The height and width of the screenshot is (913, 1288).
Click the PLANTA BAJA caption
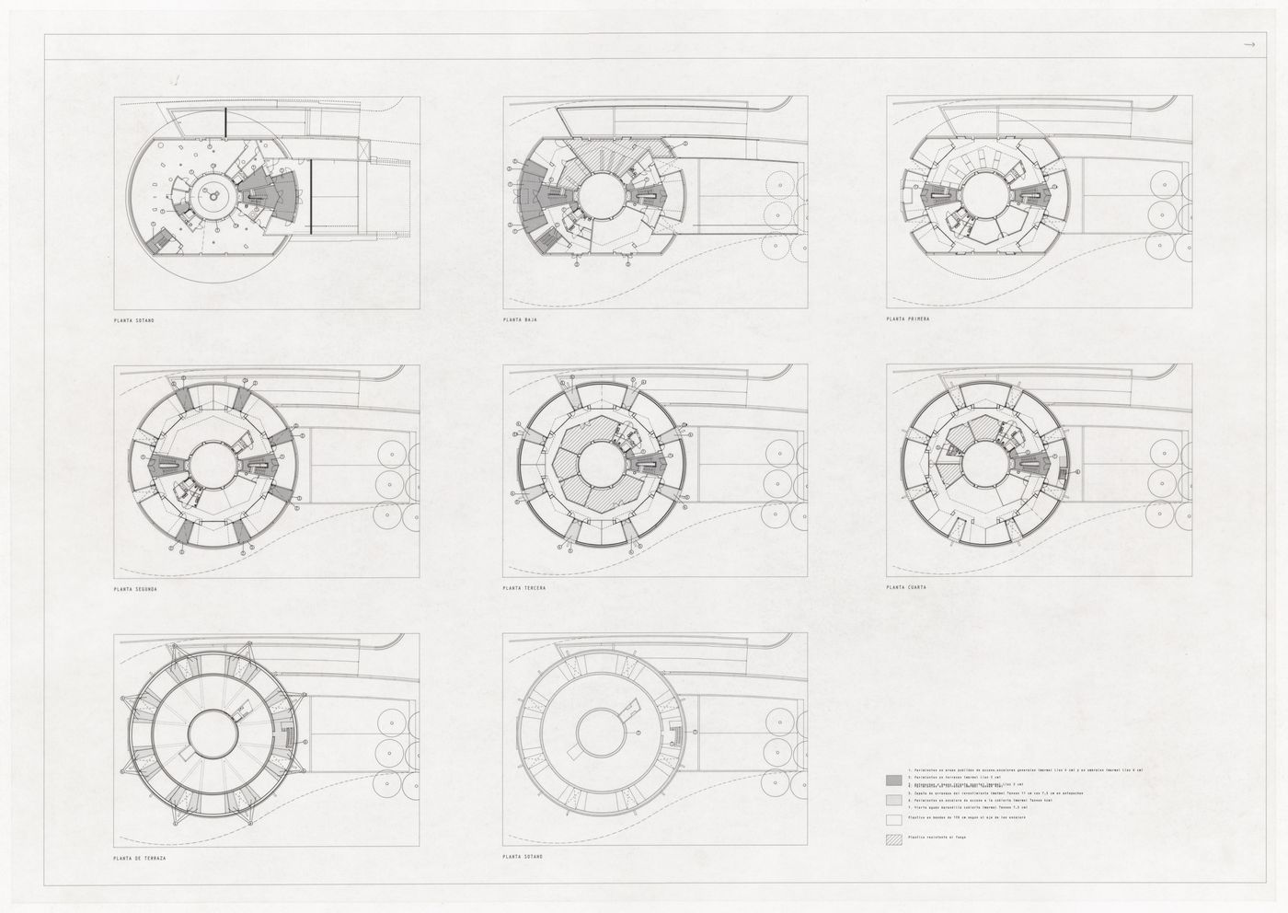[x=520, y=319]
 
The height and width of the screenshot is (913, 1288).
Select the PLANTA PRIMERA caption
[x=907, y=319]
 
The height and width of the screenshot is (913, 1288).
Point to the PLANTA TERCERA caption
[x=523, y=588]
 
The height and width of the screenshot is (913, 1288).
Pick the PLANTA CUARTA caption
[x=906, y=588]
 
